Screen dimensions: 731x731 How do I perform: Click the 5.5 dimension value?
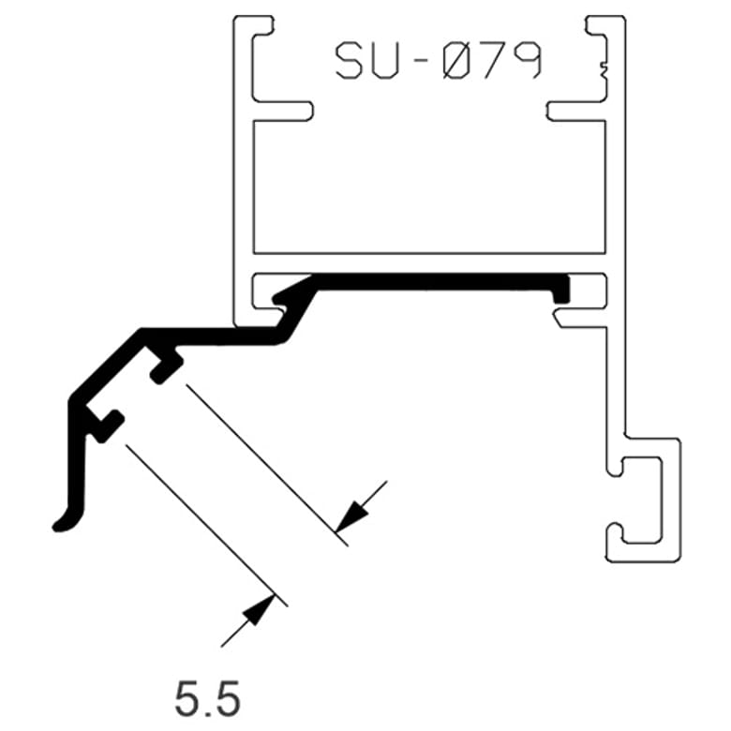coord(208,698)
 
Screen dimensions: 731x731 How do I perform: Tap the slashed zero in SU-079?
coord(458,61)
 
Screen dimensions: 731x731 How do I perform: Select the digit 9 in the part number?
coord(527,61)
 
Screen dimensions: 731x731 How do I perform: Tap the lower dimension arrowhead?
coord(258,610)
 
